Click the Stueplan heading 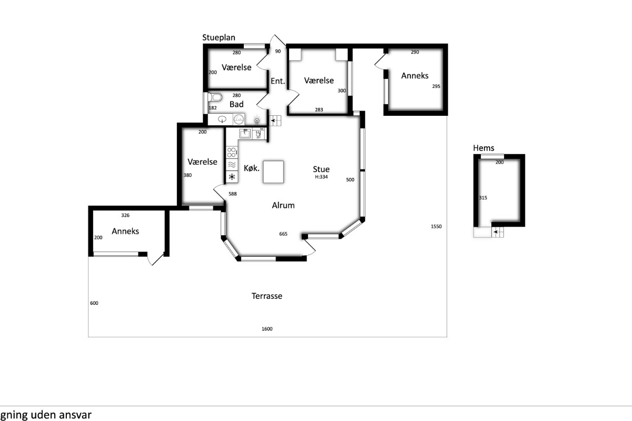pos(219,38)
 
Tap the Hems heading pos(483,148)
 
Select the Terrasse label pos(267,296)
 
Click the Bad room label pos(236,104)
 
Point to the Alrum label pos(283,205)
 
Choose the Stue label pos(321,169)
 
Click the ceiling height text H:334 pos(321,177)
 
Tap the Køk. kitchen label pos(251,168)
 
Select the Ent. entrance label pos(278,81)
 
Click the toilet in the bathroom pos(215,97)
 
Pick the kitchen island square pos(273,172)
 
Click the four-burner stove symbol pos(232,152)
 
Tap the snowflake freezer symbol pos(232,177)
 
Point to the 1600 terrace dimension pos(267,329)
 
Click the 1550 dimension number pos(436,226)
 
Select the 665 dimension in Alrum pos(283,234)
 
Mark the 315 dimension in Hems pos(483,198)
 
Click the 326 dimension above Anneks pos(125,215)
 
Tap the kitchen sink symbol pos(245,134)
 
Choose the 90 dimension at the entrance pos(278,52)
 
